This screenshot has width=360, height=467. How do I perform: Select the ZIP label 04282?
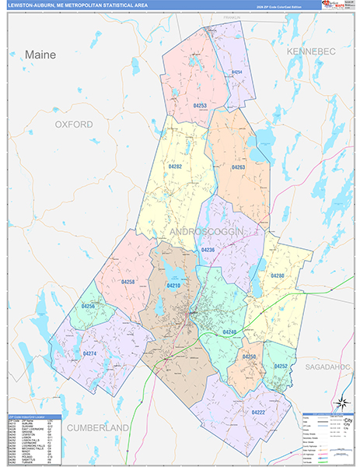coord(175,167)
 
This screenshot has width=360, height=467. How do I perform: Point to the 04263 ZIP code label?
coord(238,167)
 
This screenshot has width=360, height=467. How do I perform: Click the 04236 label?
coord(208,250)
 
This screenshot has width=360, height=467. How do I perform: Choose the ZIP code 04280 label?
coord(278,276)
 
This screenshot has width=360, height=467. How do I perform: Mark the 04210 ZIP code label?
coord(173,286)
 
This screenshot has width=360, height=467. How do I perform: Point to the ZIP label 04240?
coord(229,332)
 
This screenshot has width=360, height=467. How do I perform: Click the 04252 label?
coord(281,366)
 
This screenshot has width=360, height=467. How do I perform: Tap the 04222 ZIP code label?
coord(258,413)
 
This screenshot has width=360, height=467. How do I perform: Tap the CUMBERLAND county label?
coord(97,428)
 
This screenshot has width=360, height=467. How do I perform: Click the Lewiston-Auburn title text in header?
coord(78,5)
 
